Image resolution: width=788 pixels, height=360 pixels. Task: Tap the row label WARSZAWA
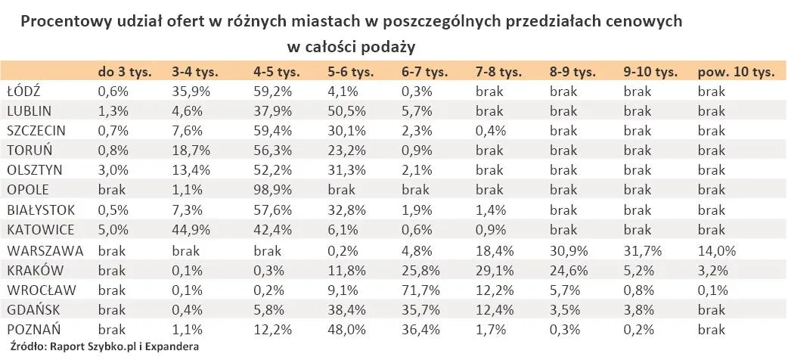tap(45, 250)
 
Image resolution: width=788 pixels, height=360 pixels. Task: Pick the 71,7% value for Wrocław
tap(419, 290)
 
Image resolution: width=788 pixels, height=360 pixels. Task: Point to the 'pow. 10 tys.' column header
tap(736, 73)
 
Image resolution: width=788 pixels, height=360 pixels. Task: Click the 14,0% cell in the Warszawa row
tap(715, 250)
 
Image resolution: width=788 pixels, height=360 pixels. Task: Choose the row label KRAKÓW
tap(35, 270)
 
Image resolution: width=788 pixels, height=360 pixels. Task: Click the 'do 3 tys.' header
tap(125, 73)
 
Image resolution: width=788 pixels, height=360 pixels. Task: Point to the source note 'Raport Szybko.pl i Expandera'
tap(125, 347)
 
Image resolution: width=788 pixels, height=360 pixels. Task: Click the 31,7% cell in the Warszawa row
tap(641, 250)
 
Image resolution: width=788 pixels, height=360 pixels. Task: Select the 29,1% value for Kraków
tap(493, 270)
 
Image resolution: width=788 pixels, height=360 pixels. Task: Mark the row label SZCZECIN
tap(36, 131)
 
